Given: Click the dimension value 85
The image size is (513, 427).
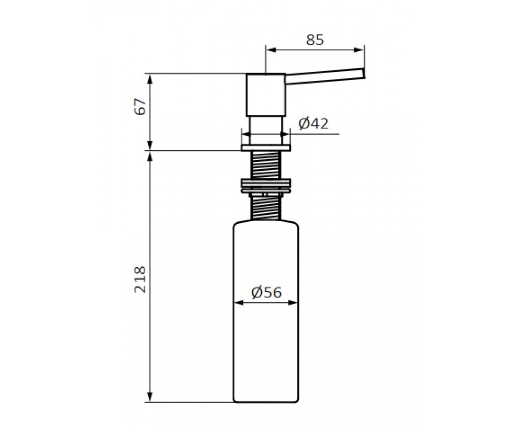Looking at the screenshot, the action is pos(315,40).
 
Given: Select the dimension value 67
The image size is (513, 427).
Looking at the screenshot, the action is pos(140,106).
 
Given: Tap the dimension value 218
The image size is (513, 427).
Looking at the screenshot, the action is pos(140,279).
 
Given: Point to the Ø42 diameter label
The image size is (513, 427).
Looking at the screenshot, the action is pos(313,123).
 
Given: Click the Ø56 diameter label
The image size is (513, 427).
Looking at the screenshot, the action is pos(267,292).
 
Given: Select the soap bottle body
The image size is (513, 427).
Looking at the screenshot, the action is pos(266,311).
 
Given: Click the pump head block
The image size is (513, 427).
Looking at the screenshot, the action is pos(266,94).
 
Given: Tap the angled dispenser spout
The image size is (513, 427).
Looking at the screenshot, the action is pos(325,76).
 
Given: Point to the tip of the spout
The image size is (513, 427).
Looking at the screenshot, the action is pos(364,73).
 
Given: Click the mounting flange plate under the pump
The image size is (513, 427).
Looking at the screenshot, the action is pos(266,148).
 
